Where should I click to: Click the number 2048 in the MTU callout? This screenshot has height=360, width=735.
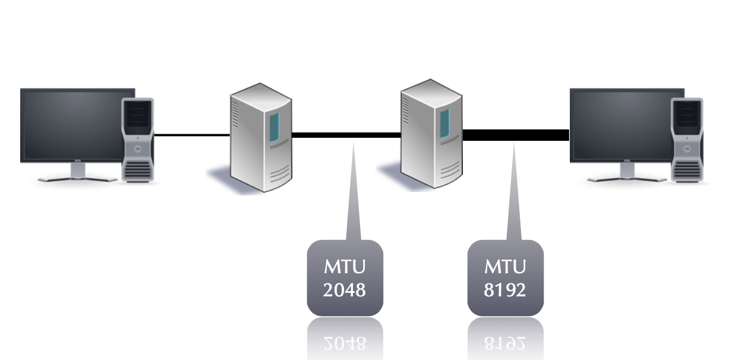click(345, 290)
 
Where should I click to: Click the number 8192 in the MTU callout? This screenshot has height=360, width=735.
click(505, 290)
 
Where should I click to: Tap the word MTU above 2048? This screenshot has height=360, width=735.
click(345, 266)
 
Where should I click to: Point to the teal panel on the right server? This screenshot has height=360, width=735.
click(444, 124)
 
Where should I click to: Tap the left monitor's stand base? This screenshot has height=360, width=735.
click(77, 178)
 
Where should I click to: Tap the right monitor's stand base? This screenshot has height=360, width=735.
click(627, 178)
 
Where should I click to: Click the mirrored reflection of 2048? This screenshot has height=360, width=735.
click(345, 342)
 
